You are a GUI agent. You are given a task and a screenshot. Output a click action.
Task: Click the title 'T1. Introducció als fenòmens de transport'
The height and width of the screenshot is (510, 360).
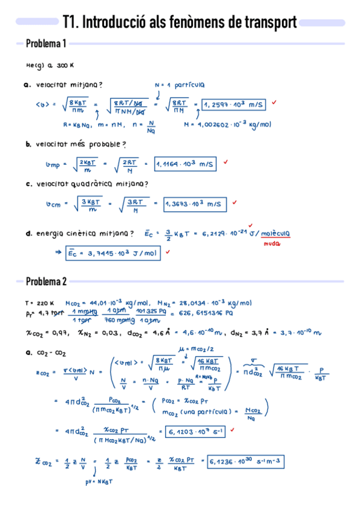pos(180,22)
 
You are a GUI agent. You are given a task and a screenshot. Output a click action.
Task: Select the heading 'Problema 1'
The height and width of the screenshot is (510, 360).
pos(46,43)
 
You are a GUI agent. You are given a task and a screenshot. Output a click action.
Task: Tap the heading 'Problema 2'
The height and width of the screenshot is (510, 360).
pos(46,281)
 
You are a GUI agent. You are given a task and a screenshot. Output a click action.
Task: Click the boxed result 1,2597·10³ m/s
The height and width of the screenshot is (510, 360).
pos(234,105)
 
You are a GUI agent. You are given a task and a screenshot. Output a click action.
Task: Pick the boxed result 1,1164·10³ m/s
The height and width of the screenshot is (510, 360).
pos(185,164)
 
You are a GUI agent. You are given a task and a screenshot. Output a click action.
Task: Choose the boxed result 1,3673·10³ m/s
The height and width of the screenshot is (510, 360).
pos(194,204)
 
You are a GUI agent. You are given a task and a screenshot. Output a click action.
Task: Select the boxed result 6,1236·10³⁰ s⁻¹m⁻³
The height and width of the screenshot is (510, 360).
pos(246,462)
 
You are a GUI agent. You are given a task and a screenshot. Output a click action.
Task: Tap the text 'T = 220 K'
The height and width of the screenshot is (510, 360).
pos(40,303)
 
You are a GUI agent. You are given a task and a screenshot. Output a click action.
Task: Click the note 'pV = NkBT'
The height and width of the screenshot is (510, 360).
pos(99,481)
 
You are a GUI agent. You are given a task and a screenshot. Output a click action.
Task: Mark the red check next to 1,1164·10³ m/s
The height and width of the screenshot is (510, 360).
pos(226,162)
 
